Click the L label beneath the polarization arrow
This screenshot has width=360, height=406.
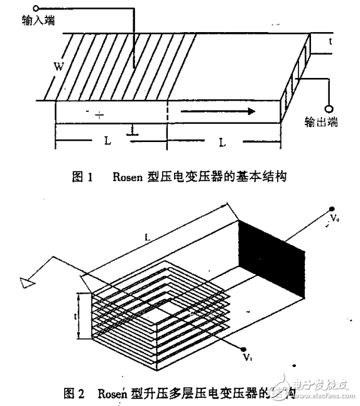point(222,143)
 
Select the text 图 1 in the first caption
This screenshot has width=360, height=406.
point(82,177)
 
